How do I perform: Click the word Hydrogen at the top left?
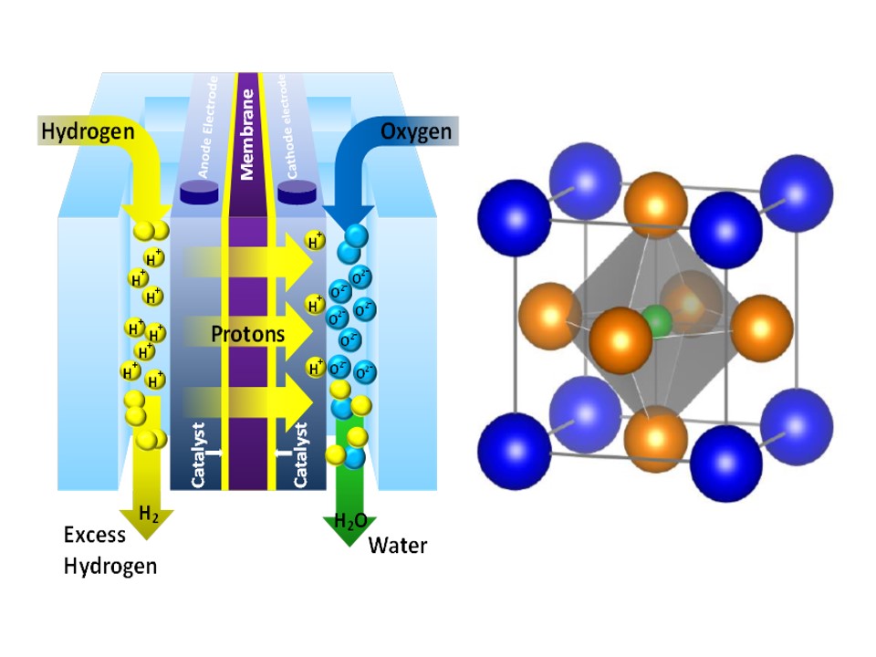pyautogui.click(x=87, y=131)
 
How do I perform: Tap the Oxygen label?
pyautogui.click(x=415, y=131)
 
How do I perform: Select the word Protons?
pyautogui.click(x=248, y=335)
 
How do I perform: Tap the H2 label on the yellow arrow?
pyautogui.click(x=148, y=514)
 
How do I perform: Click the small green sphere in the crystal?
pyautogui.click(x=655, y=321)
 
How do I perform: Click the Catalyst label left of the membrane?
pyautogui.click(x=202, y=453)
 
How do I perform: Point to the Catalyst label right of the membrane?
pyautogui.click(x=299, y=454)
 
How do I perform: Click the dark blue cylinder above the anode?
pyautogui.click(x=198, y=192)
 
